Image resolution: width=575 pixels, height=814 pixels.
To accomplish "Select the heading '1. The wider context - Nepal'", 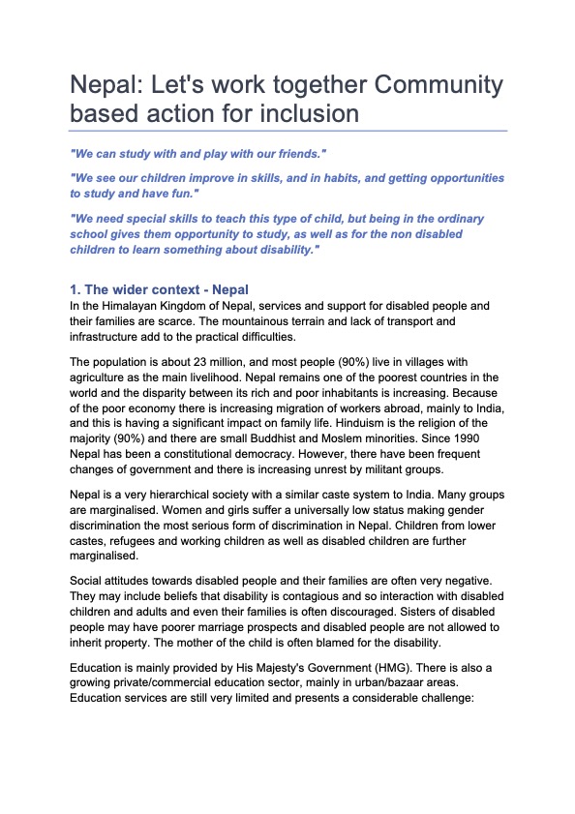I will click(x=159, y=289).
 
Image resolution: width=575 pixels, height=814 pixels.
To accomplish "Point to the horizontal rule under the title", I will click(x=287, y=130).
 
